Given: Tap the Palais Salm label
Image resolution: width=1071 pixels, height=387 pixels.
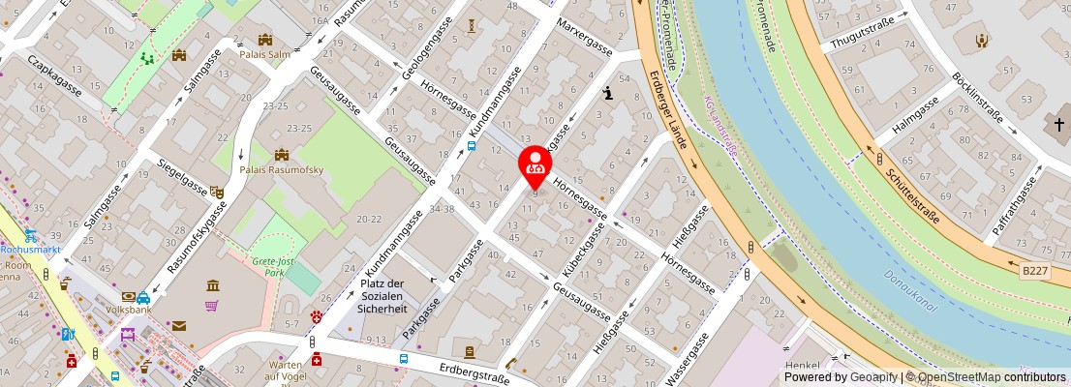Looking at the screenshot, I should [264, 54].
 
